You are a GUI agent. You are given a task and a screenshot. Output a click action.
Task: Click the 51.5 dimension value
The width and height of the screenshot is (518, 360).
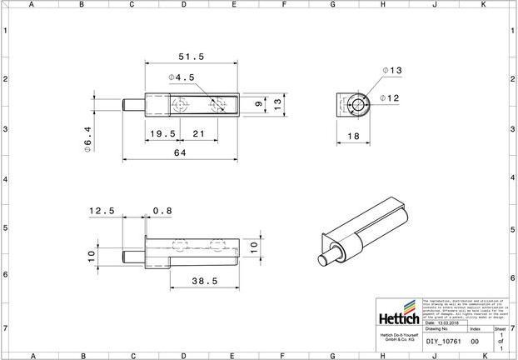[x=192, y=57]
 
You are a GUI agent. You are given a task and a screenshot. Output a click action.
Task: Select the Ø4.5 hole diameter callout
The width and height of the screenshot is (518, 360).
[x=182, y=77]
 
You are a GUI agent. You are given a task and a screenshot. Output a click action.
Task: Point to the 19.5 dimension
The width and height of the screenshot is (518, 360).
[x=162, y=134]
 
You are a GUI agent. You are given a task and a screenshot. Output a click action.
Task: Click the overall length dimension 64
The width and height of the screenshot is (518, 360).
[x=180, y=153]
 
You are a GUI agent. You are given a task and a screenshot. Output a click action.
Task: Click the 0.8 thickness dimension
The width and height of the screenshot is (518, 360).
[x=162, y=212]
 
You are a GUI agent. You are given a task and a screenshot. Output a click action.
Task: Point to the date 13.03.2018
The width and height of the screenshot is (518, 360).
[x=446, y=322]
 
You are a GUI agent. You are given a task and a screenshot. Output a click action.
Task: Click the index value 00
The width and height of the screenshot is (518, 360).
[x=475, y=342]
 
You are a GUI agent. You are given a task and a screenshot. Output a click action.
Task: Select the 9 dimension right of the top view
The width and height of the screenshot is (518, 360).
[x=258, y=105]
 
